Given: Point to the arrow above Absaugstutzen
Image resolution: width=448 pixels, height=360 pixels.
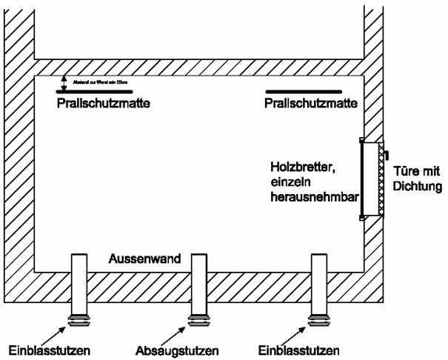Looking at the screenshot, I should tap(187, 333).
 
